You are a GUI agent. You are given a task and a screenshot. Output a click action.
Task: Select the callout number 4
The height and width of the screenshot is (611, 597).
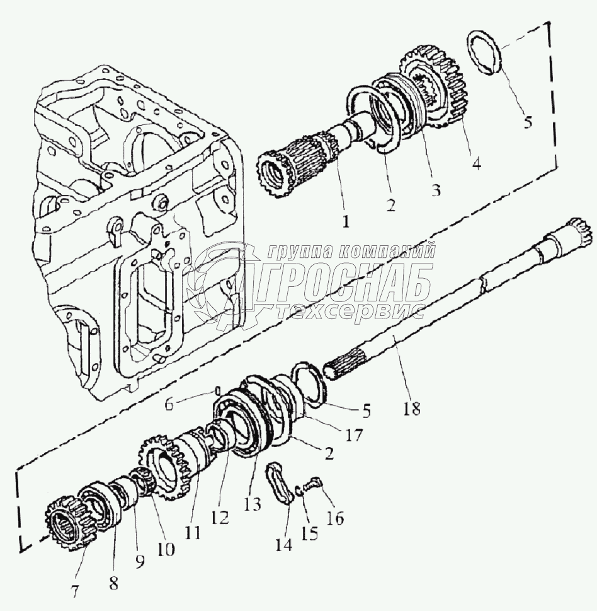pos(477,163)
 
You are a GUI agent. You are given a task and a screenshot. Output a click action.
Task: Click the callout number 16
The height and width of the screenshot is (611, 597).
pos(335,518)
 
